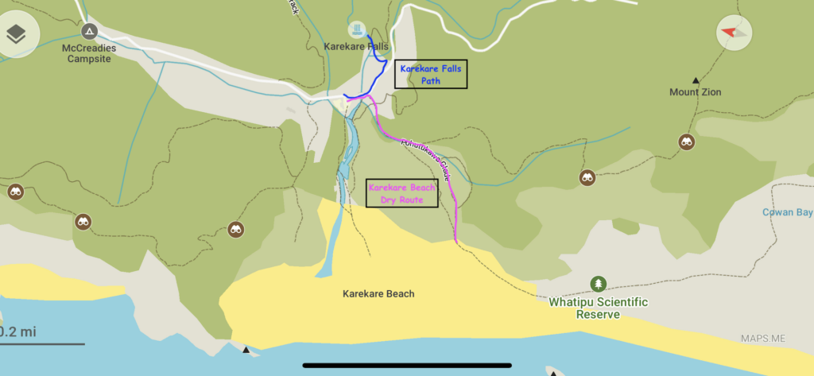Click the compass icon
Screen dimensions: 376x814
coord(734,33)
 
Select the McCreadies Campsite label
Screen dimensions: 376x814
coord(89,53)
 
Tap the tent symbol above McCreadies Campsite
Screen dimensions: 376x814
coord(90,32)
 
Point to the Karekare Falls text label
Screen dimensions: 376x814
coord(356,47)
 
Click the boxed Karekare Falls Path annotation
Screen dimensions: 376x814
coord(430,74)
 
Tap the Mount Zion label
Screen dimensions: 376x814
coord(695,92)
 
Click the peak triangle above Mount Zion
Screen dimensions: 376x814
coord(696,79)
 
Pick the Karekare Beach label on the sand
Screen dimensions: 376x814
coord(378,294)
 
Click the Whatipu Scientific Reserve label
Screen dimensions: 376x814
coord(599,308)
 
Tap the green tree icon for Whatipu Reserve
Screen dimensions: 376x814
coord(598,284)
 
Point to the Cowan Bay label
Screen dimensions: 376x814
coord(786,212)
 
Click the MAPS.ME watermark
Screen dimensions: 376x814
coord(762,339)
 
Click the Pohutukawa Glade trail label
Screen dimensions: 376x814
coord(426,160)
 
